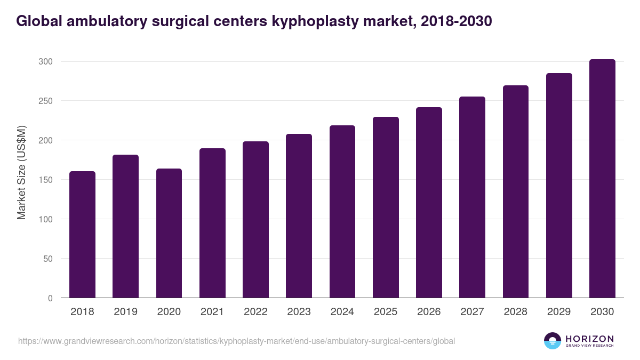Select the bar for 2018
click(83, 235)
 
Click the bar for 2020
click(169, 233)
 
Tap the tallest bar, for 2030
click(602, 179)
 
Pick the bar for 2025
click(386, 207)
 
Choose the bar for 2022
click(255, 220)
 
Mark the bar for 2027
click(472, 197)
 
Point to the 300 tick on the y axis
click(45, 62)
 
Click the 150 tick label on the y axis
click(45, 180)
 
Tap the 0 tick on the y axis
click(50, 298)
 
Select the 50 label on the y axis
click(48, 259)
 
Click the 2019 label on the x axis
click(126, 312)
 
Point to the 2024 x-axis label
click(342, 312)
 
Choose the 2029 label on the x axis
click(559, 312)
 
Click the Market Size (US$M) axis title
click(21, 173)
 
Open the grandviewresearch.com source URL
click(236, 341)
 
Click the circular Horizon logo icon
click(553, 341)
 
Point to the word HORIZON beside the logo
click(589, 339)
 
